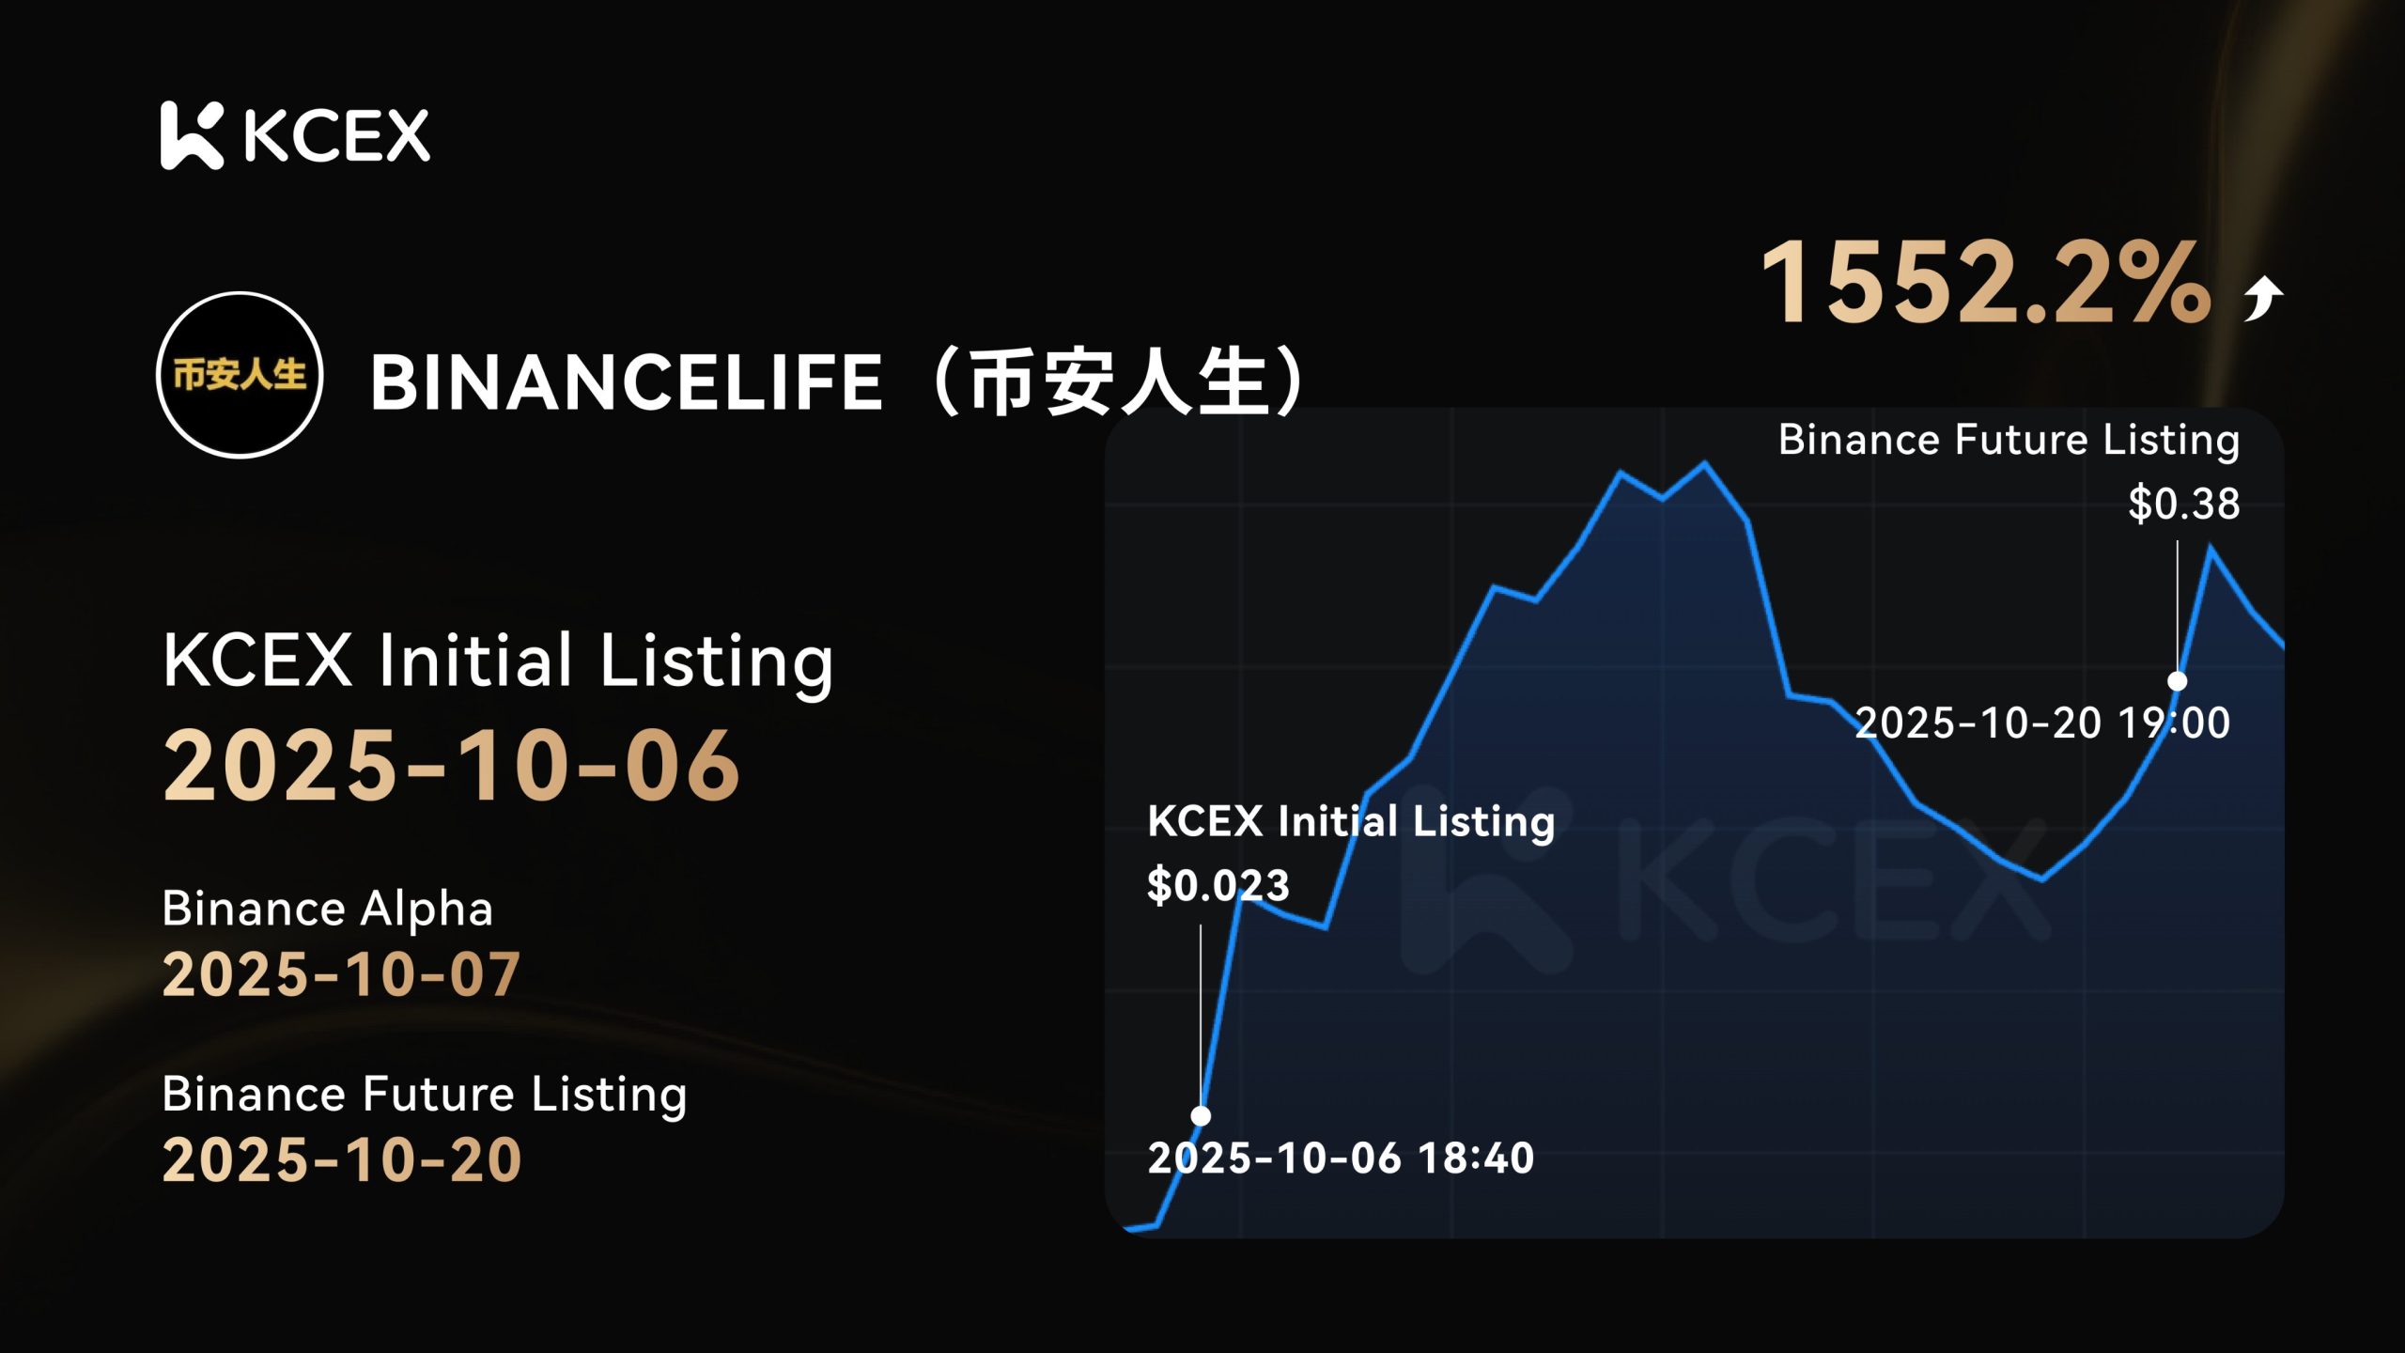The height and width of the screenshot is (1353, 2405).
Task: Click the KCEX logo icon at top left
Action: click(192, 135)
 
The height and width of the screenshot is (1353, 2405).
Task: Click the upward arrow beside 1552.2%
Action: click(2263, 299)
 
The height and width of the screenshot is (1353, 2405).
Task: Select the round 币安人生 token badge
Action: click(240, 375)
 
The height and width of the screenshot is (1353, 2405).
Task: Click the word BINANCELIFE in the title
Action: click(627, 382)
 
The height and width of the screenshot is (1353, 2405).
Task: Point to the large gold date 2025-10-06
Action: click(452, 766)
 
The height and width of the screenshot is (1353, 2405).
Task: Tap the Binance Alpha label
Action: click(327, 909)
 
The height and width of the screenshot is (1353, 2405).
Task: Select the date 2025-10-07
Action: click(342, 973)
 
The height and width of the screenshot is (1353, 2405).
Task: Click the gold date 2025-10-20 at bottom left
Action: click(342, 1159)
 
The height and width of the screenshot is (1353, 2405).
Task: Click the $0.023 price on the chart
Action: click(1218, 885)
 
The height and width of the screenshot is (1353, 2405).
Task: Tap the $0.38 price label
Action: click(2184, 503)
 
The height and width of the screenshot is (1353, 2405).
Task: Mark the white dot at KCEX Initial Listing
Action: click(1201, 1115)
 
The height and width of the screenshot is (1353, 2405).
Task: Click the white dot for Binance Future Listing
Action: click(2177, 680)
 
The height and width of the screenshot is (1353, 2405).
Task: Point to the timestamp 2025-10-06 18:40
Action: click(1341, 1158)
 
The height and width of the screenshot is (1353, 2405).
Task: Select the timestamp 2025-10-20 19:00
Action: click(2042, 723)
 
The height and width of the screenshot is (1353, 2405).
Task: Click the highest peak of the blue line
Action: click(1705, 462)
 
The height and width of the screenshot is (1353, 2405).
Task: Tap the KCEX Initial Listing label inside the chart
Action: click(1351, 821)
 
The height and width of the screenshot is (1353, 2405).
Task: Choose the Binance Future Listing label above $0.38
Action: click(2009, 440)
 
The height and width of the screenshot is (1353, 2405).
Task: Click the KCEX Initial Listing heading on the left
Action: click(498, 661)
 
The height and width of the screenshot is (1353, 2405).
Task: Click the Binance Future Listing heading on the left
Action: click(425, 1095)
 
